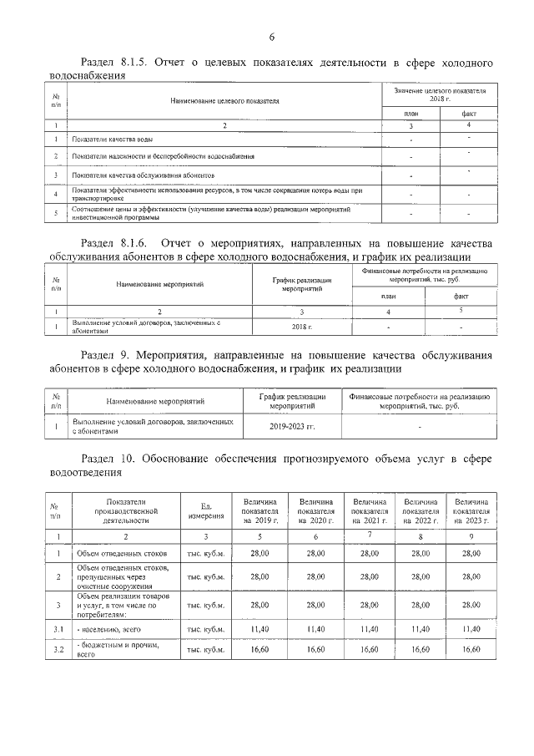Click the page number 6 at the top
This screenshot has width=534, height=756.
[x=271, y=36]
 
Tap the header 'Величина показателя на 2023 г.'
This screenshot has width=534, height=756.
[x=471, y=510]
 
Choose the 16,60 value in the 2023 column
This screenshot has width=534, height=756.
[x=471, y=648]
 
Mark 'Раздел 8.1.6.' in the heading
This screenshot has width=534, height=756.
[x=113, y=242]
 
